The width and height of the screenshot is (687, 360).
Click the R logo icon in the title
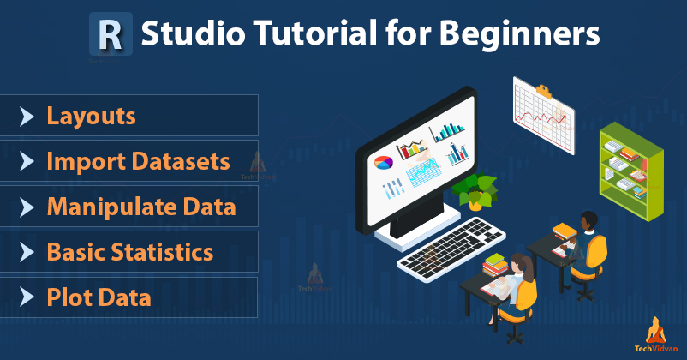point(111,33)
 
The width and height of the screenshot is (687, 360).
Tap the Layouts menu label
point(91,116)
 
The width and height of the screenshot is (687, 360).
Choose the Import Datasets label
point(138,161)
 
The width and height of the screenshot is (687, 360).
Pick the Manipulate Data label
point(140,207)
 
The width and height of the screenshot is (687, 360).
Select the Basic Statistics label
point(129,252)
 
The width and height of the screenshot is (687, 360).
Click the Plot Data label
point(99,297)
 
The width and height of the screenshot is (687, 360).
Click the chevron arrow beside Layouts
point(27,116)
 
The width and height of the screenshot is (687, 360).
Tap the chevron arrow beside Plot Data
point(27,297)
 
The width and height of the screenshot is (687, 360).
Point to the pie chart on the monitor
point(382,161)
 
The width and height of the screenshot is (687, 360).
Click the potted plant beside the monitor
point(476,189)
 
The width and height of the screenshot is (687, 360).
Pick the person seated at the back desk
point(587,242)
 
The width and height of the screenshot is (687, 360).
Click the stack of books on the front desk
point(495,266)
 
